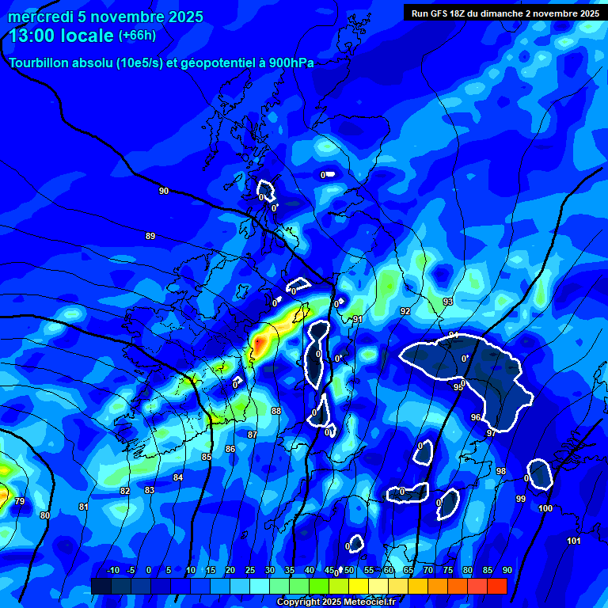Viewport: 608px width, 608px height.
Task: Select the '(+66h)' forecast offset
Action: [x=137, y=36]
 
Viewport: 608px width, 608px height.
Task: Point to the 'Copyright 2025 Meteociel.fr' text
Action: [x=336, y=602]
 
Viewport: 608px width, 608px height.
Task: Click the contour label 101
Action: [x=574, y=541]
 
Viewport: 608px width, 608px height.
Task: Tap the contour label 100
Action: [x=545, y=508]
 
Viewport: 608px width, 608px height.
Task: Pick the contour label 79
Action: [x=20, y=501]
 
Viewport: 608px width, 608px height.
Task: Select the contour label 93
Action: [x=448, y=302]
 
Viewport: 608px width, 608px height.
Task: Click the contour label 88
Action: [x=276, y=411]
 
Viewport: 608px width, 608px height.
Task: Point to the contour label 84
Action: [x=178, y=477]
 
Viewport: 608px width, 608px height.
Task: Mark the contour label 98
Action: [x=501, y=471]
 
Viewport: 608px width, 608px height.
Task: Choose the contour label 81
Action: [x=84, y=507]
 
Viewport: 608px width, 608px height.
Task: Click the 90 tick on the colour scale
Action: [x=507, y=570]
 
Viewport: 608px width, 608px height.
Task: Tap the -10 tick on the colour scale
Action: [x=112, y=570]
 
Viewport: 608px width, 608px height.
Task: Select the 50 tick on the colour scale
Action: [x=349, y=570]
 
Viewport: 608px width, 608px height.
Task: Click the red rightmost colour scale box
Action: [x=496, y=586]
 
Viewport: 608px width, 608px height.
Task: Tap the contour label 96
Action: [x=476, y=417]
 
